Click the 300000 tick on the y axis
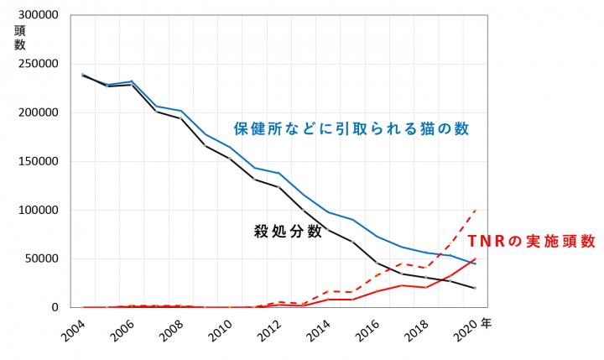34,16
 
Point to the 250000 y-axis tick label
34,65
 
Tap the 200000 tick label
34,113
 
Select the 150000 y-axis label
34,162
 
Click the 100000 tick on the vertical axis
34,211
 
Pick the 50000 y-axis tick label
38,259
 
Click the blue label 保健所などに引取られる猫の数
350,129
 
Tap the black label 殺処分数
288,232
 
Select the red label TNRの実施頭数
532,241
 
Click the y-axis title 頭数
19,38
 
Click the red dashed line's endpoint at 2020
476,210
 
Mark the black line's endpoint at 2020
476,289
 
